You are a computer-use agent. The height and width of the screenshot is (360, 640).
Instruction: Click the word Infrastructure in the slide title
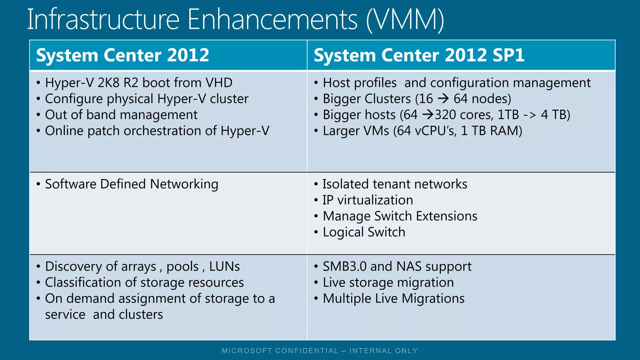click(x=103, y=19)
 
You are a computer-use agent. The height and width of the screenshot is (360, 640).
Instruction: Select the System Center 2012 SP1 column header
click(x=419, y=55)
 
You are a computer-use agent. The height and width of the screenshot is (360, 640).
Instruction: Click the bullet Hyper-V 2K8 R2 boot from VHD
click(x=139, y=83)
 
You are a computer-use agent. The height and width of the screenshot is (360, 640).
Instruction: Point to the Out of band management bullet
click(x=121, y=115)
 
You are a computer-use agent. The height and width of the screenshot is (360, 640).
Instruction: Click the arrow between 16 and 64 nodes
click(x=443, y=99)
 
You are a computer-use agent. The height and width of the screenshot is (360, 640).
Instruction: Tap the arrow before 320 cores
click(x=428, y=115)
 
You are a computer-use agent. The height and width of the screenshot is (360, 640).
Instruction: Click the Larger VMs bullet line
click(x=422, y=131)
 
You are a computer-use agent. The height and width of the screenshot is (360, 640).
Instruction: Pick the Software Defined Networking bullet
click(x=131, y=184)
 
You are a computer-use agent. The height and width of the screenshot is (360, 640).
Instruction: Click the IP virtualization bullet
click(x=367, y=200)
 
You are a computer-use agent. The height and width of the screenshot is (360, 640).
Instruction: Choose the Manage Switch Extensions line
click(x=400, y=216)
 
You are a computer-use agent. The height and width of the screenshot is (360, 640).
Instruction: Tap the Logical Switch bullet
click(x=364, y=232)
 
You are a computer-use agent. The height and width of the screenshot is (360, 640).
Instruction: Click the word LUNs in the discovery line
click(x=224, y=267)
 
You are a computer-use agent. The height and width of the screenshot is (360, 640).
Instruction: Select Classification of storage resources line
click(x=144, y=282)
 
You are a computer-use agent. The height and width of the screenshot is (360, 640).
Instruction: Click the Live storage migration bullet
click(x=388, y=282)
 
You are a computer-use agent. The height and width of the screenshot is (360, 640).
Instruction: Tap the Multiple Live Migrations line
click(x=393, y=298)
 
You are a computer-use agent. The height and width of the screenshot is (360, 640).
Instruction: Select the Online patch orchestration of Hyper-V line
click(x=157, y=131)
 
